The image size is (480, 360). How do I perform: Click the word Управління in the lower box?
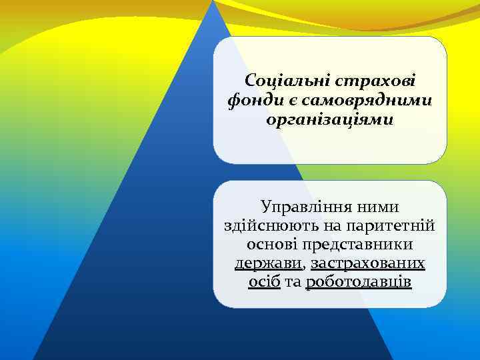tap(304, 206)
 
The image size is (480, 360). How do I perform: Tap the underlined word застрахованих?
tap(368, 263)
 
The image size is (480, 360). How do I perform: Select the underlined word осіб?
tap(264, 282)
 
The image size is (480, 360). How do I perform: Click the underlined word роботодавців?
tap(359, 282)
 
